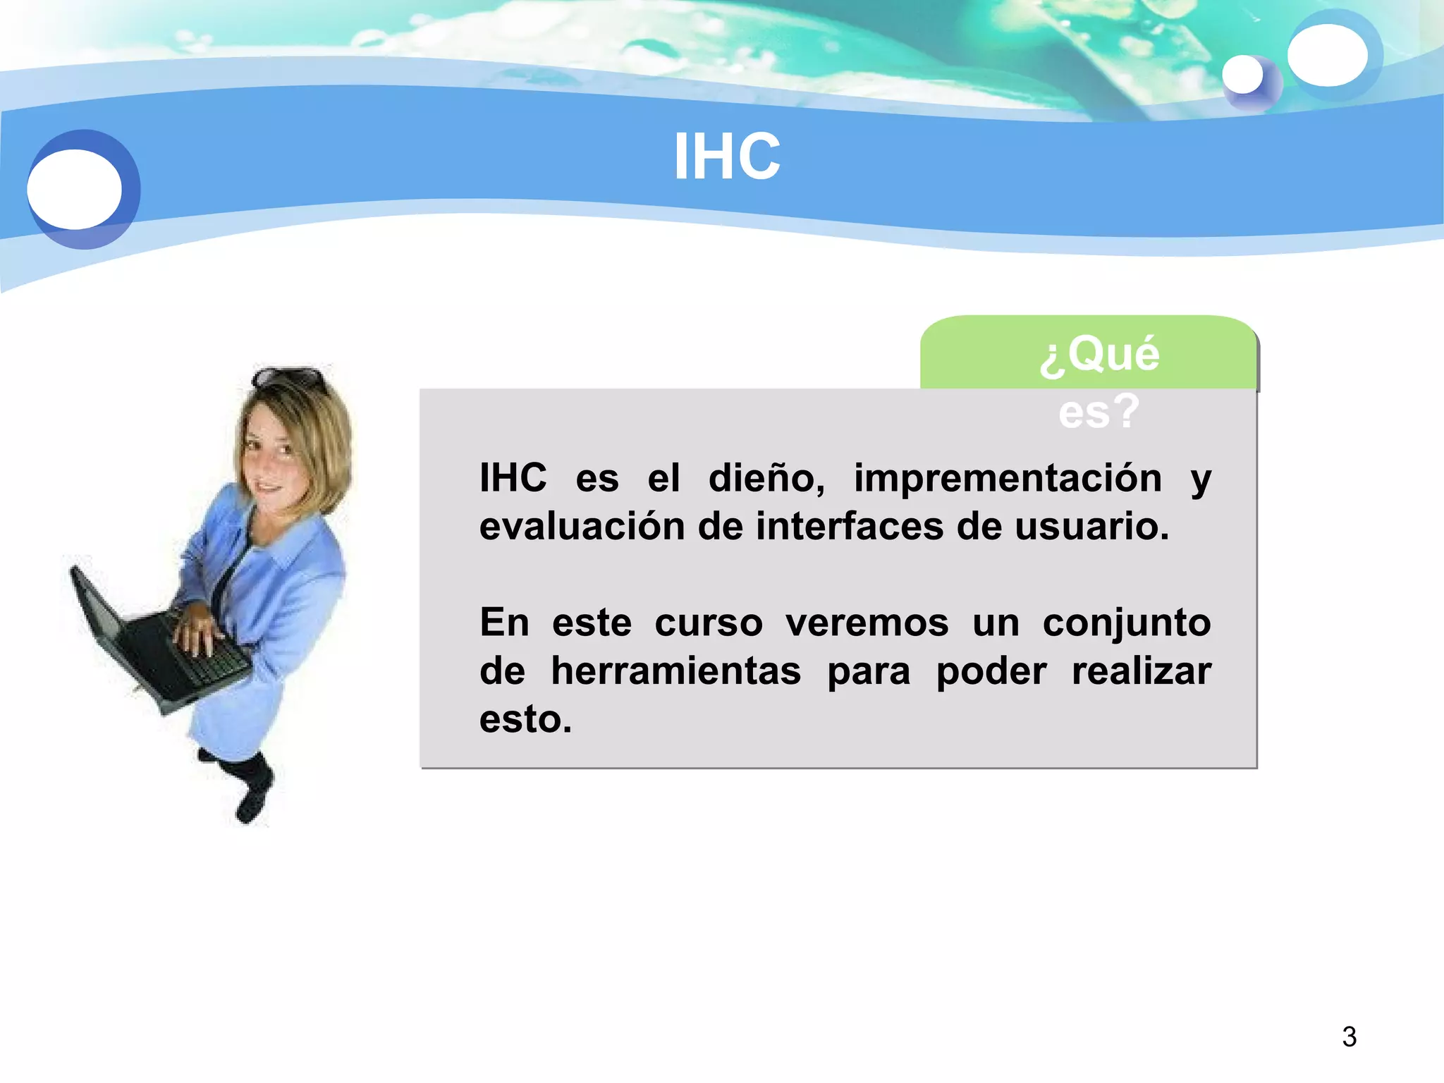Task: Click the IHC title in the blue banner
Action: (727, 157)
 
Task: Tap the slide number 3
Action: (1349, 1036)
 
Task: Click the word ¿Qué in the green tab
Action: (1099, 354)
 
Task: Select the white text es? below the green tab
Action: (1098, 412)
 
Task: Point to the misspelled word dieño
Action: (766, 479)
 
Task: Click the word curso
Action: (709, 623)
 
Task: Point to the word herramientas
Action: (675, 671)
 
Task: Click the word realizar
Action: (1141, 671)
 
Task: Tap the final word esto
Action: (525, 720)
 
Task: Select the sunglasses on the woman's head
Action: (290, 378)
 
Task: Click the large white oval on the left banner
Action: (74, 189)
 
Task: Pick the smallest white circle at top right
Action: (1242, 74)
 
